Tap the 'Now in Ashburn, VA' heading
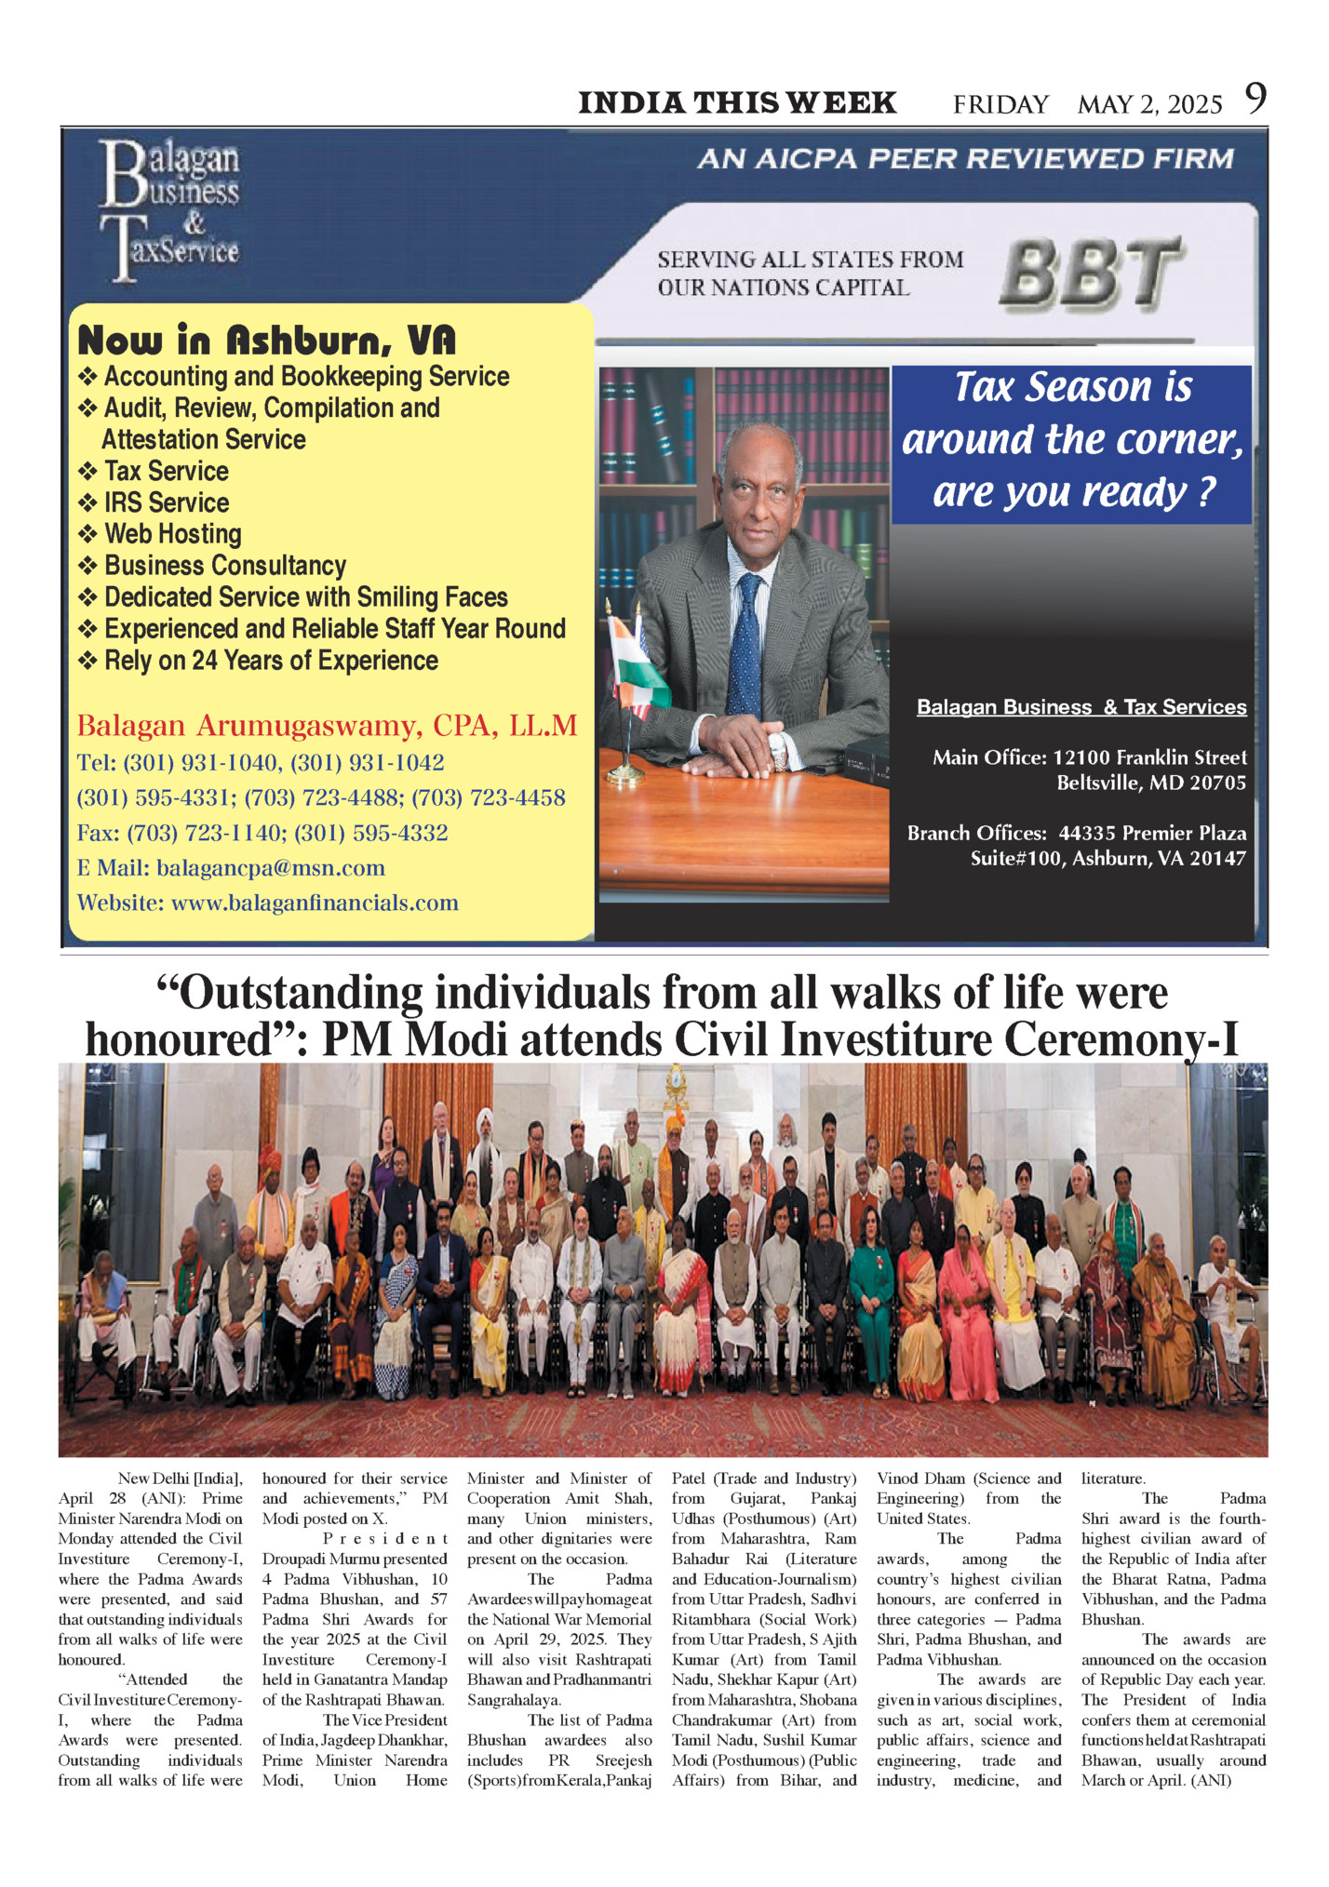(x=266, y=341)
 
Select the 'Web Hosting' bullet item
(x=172, y=534)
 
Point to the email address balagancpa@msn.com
(x=270, y=868)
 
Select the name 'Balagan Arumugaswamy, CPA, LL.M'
(x=327, y=726)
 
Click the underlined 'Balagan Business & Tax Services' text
(x=1081, y=707)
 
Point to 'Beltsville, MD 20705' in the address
(x=1150, y=783)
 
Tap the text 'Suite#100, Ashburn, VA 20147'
(x=1107, y=858)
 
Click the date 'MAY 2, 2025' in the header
(x=1149, y=104)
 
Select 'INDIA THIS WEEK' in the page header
(x=737, y=103)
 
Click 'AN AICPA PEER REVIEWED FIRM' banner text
(x=965, y=159)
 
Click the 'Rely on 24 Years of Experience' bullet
(x=270, y=661)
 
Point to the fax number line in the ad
(x=262, y=833)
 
